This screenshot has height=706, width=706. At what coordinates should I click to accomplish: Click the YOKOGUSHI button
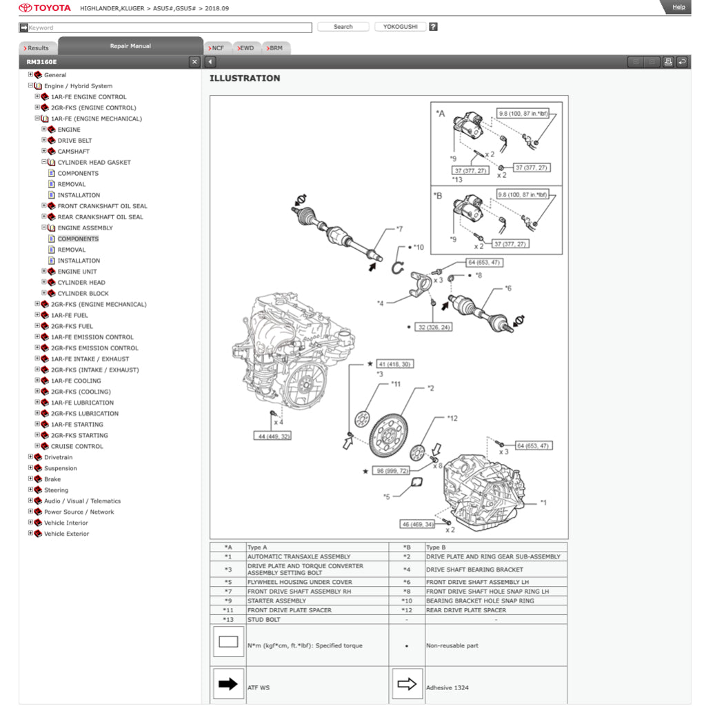[x=400, y=27]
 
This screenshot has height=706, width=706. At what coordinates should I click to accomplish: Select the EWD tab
[x=245, y=48]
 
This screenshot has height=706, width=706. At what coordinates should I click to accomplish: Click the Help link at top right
[x=678, y=7]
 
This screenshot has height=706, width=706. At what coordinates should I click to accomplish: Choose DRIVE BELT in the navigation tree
[x=74, y=141]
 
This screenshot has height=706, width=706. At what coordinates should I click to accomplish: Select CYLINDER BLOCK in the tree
[x=83, y=294]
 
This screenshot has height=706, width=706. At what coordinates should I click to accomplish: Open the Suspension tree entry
[x=61, y=468]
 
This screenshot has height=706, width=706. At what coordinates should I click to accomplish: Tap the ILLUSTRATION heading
[x=245, y=79]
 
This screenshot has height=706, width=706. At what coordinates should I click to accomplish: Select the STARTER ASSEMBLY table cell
[x=276, y=601]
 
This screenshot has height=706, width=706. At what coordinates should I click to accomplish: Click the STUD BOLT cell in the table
[x=264, y=619]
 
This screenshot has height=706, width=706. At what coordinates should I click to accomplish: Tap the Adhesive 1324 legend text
[x=447, y=687]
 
